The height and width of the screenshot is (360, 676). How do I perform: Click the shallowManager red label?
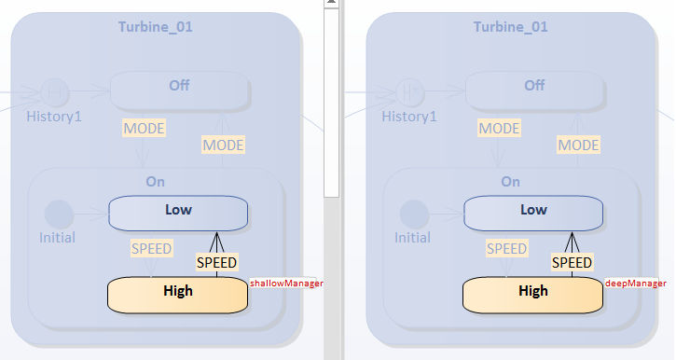285,283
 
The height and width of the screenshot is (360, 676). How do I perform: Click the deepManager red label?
637,283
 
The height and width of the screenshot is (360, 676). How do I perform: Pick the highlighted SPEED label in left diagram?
216,262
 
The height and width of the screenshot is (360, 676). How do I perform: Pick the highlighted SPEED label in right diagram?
572,262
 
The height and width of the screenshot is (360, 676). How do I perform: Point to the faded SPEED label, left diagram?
151,249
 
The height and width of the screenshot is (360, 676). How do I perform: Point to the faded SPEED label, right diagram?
506,249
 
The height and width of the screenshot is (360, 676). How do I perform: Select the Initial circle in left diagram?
59,214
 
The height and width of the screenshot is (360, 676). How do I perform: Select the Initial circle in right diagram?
413,214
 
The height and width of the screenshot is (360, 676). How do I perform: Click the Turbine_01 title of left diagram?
156,26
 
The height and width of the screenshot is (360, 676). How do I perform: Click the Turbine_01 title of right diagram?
510,26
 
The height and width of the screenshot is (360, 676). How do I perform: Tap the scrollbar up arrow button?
331,5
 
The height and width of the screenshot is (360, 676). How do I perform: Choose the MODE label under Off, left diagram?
145,128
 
